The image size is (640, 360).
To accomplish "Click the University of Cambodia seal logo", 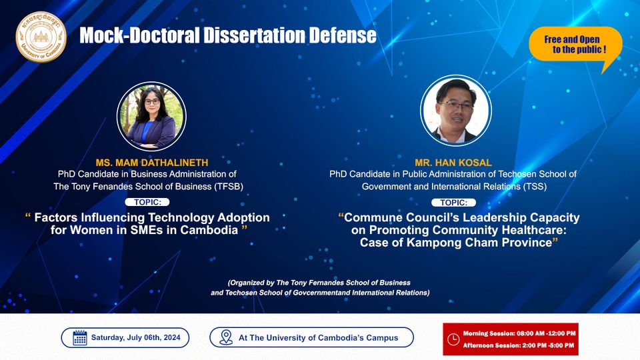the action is click(x=41, y=37).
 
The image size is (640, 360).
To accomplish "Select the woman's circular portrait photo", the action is click(x=151, y=117).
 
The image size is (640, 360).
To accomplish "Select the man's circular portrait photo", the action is click(x=455, y=110).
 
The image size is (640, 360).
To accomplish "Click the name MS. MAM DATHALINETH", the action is click(x=152, y=163).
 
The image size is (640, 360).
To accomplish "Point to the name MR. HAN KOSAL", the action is click(x=453, y=163).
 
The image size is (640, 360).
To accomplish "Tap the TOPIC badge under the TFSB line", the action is click(x=147, y=202).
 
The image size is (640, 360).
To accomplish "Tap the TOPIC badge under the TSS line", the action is click(x=453, y=203).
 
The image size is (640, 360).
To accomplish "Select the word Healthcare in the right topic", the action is click(x=534, y=230).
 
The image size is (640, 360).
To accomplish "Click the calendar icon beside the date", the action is click(x=79, y=337).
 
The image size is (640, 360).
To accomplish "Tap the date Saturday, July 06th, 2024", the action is click(x=135, y=337).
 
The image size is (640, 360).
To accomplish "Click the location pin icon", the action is click(x=226, y=337).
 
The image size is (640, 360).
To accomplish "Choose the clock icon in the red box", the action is click(x=453, y=339).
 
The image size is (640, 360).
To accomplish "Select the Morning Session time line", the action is click(x=519, y=333).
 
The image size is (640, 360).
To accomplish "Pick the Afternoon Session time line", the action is click(x=519, y=345).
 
